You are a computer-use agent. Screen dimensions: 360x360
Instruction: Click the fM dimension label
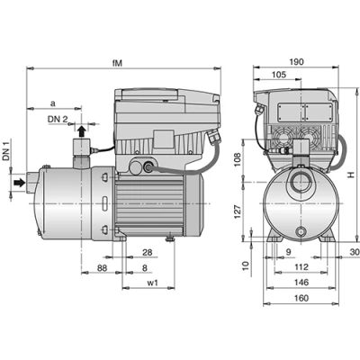[x=117, y=63]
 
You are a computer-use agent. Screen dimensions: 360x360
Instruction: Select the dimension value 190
[x=296, y=62]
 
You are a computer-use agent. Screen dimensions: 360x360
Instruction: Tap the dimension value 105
[x=279, y=75]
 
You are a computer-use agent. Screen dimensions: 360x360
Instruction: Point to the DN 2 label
[x=58, y=119]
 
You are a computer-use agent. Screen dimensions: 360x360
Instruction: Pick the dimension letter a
[x=53, y=103]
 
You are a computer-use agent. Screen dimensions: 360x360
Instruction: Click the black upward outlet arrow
[x=81, y=131]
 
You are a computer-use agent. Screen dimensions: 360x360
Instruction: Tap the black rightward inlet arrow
[x=20, y=182]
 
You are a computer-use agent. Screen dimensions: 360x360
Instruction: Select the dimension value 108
[x=238, y=160]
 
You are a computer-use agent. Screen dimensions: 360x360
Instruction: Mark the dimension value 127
[x=238, y=211]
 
